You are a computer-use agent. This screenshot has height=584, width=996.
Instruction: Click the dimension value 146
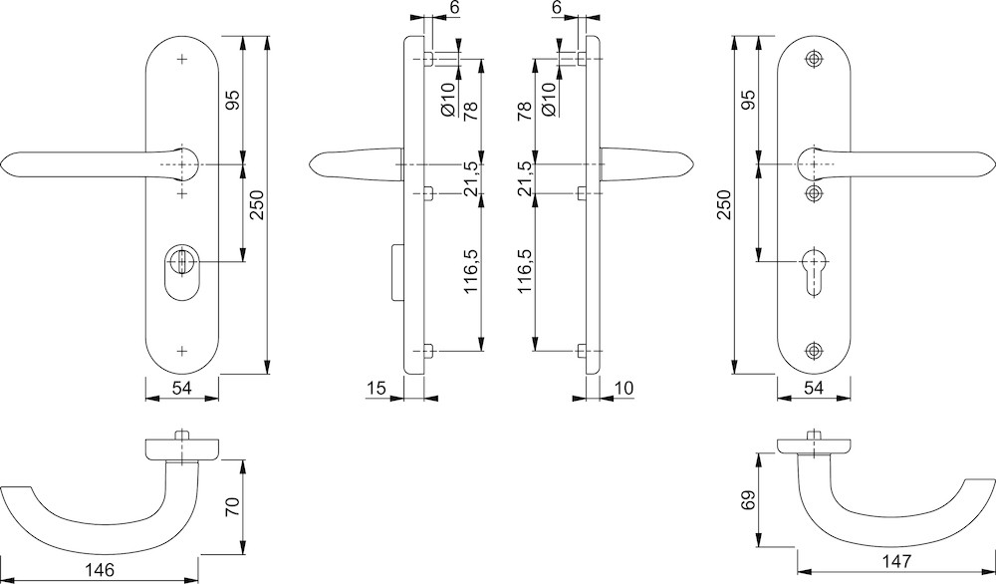coord(100,570)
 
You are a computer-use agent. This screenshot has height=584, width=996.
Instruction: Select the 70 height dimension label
coord(231,506)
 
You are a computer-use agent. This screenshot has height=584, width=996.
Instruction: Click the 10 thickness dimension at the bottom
coord(624,387)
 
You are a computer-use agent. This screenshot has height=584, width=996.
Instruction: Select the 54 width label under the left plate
coord(181,388)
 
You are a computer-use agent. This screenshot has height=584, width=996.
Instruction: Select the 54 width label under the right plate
coord(815,388)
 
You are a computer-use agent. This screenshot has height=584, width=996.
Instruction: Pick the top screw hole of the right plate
coord(816,60)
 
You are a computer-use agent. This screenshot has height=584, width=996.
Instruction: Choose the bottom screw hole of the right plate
coord(816,351)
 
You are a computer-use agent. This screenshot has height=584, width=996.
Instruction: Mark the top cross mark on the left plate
coord(181,60)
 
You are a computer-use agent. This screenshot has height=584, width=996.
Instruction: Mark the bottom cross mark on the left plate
coord(181,351)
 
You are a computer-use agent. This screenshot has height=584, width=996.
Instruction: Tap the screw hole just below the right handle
coord(816,192)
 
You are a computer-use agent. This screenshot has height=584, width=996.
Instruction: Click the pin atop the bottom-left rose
coord(181,436)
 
